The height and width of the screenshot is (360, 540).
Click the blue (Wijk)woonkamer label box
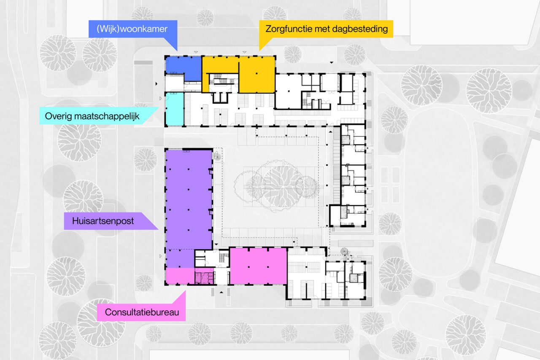click(132, 29)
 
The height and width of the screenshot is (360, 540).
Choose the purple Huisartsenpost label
click(103, 221)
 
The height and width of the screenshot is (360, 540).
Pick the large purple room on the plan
click(188, 198)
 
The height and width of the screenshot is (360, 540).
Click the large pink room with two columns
click(258, 266)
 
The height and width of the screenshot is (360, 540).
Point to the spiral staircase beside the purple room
click(217, 156)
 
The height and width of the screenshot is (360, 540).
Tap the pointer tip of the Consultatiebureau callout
click(185, 291)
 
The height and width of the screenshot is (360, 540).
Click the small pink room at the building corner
click(179, 276)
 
